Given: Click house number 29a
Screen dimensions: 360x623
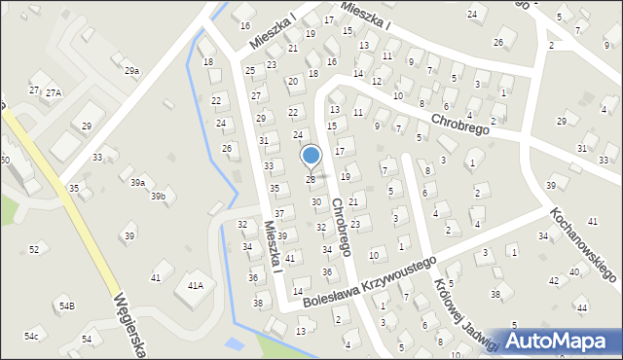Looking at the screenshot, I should click(x=131, y=70).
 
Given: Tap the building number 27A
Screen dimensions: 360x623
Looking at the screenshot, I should click(x=53, y=92).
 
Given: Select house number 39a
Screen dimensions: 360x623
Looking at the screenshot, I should click(x=139, y=183).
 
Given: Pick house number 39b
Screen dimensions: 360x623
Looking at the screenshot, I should click(x=158, y=197).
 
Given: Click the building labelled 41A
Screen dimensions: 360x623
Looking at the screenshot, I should click(x=195, y=285).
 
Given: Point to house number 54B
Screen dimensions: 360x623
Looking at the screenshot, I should click(x=66, y=306).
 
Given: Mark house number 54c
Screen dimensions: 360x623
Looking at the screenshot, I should click(x=32, y=336).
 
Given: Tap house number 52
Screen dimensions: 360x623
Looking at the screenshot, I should click(x=34, y=250).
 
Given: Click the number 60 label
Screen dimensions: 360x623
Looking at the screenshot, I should click(x=5, y=160).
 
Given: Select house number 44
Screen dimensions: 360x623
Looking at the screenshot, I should click(x=581, y=307).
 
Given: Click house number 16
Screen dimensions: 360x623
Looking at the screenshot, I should click(x=245, y=25).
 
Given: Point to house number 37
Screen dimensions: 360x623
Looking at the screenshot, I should click(x=279, y=213).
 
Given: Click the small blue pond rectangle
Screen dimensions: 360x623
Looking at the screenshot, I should click(x=234, y=344).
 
